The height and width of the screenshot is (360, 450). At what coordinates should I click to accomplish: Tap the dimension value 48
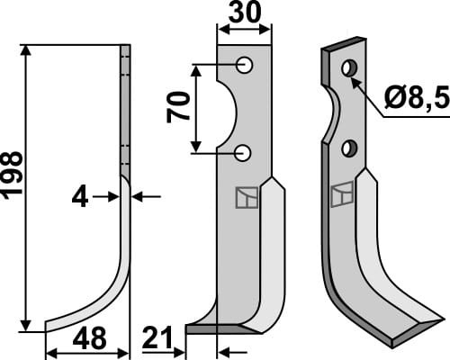point(88,339)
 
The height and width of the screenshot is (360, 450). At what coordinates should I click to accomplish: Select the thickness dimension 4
point(81,195)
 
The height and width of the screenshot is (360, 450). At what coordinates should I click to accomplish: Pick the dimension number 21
point(161,339)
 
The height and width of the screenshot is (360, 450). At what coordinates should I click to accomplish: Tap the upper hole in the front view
point(244,64)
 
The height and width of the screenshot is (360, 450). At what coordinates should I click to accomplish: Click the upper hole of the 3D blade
point(347,67)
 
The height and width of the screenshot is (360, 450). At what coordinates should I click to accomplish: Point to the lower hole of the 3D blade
point(350,148)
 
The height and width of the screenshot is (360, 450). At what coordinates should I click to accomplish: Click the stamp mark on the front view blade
point(243,197)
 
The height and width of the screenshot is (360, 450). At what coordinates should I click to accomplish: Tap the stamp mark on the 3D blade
point(342,194)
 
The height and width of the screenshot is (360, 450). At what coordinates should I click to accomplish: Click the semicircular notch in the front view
point(226,109)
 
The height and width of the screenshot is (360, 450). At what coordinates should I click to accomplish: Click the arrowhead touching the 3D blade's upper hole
point(355,80)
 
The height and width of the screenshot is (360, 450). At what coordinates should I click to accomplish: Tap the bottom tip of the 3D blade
point(396,340)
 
